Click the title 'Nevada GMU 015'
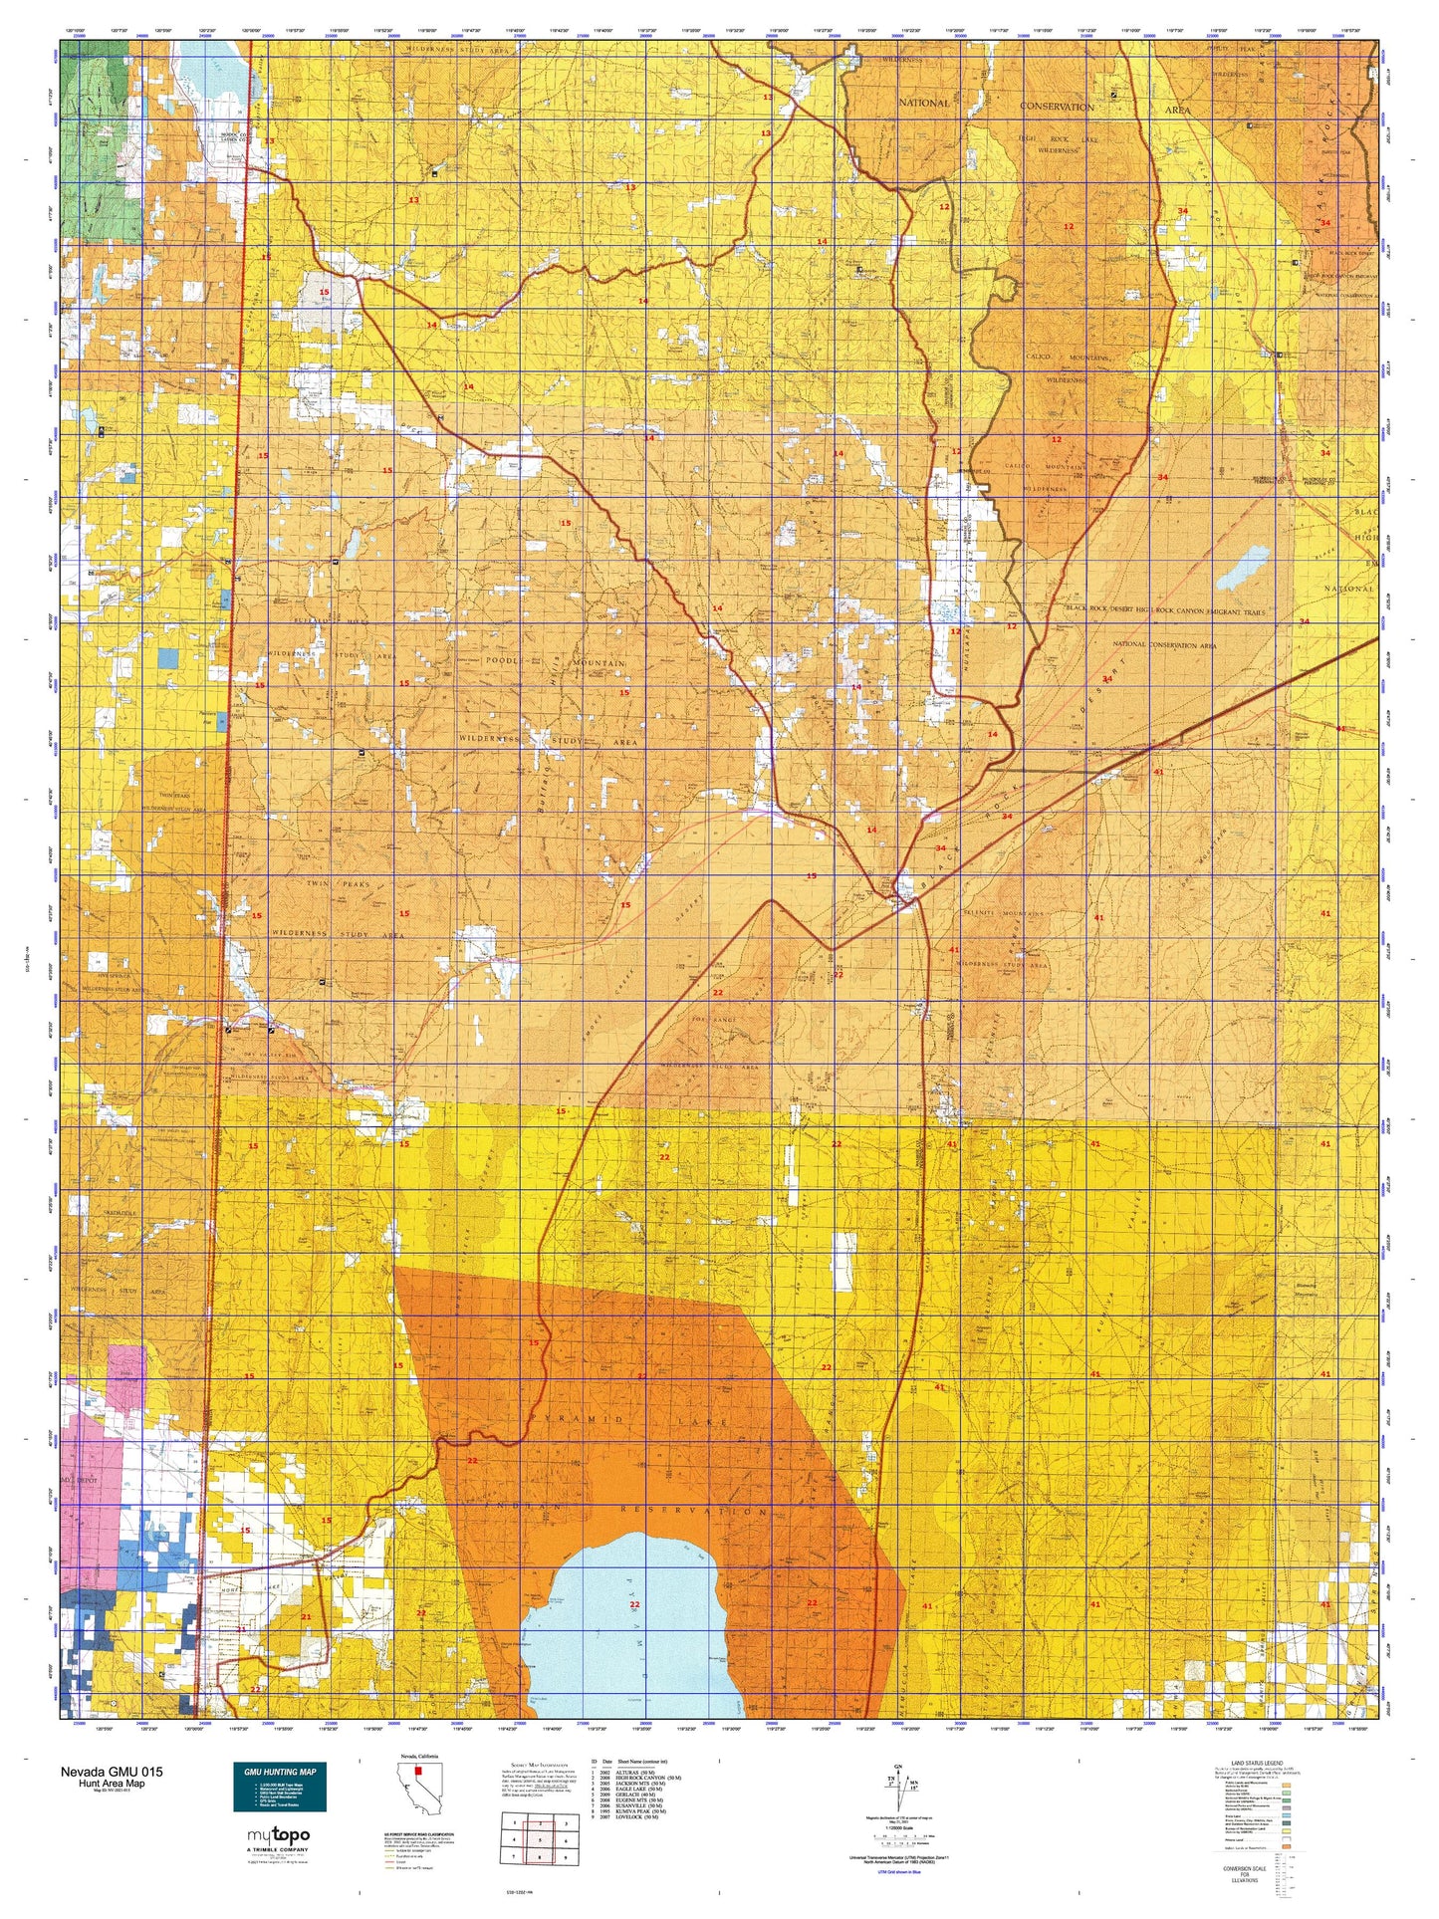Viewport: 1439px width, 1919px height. click(x=112, y=1772)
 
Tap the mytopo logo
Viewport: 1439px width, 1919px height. click(x=278, y=1834)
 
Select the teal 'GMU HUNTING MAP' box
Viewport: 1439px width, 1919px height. click(x=279, y=1786)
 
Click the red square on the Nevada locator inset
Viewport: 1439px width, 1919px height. click(x=418, y=1772)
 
